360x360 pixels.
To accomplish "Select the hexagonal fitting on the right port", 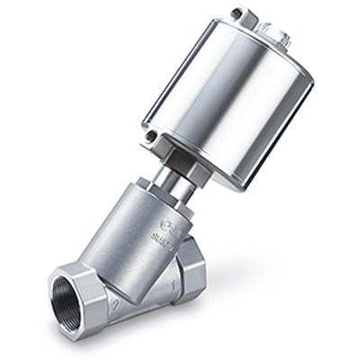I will [x=190, y=274].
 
